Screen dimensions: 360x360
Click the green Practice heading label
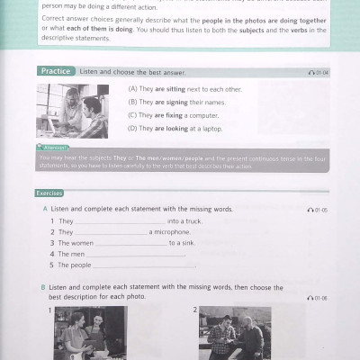tap(56, 70)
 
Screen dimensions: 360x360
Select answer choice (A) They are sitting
tap(175, 89)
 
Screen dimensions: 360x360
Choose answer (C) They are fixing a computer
tap(172, 115)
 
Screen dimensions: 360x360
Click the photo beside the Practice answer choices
tap(72, 111)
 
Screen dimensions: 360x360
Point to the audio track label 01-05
tap(318, 210)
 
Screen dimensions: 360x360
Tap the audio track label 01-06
tap(318, 297)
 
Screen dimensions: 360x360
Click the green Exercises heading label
tap(49, 193)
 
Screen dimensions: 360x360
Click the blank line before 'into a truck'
tap(121, 220)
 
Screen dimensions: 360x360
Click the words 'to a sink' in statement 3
tap(184, 243)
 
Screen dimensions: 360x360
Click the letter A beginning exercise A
tap(43, 209)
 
